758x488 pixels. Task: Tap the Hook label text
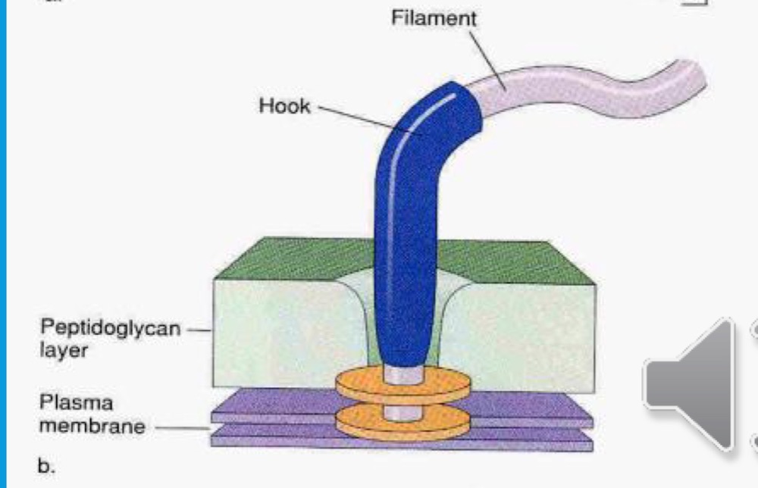pyautogui.click(x=284, y=105)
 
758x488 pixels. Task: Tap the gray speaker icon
pyautogui.click(x=690, y=382)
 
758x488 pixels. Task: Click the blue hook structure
pyautogui.click(x=413, y=227)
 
